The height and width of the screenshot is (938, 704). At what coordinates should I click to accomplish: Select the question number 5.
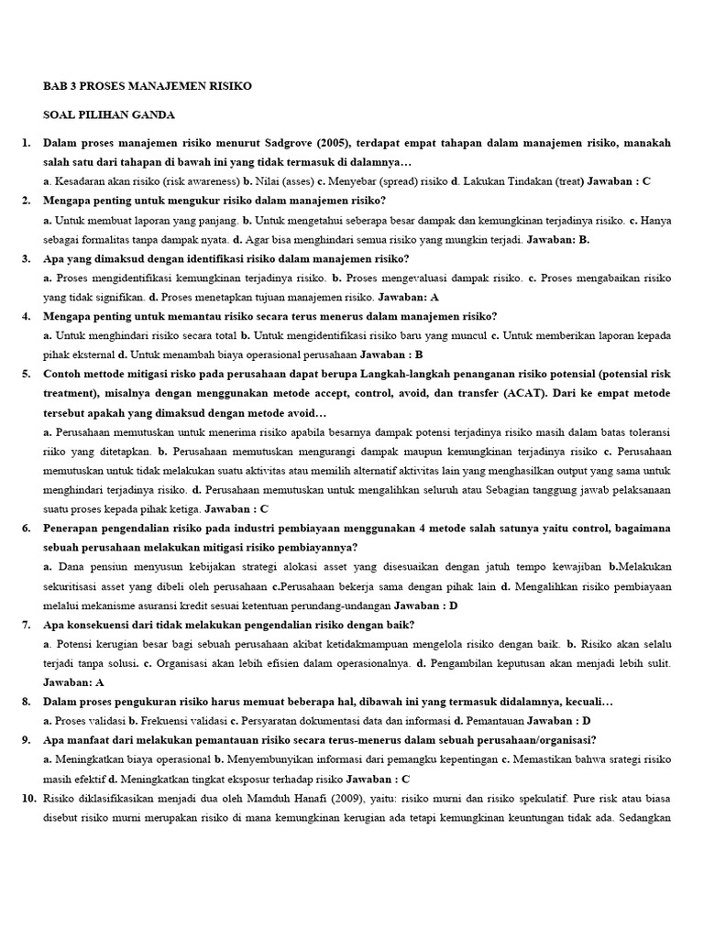click(x=25, y=374)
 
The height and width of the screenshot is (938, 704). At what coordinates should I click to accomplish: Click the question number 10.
click(x=27, y=799)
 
